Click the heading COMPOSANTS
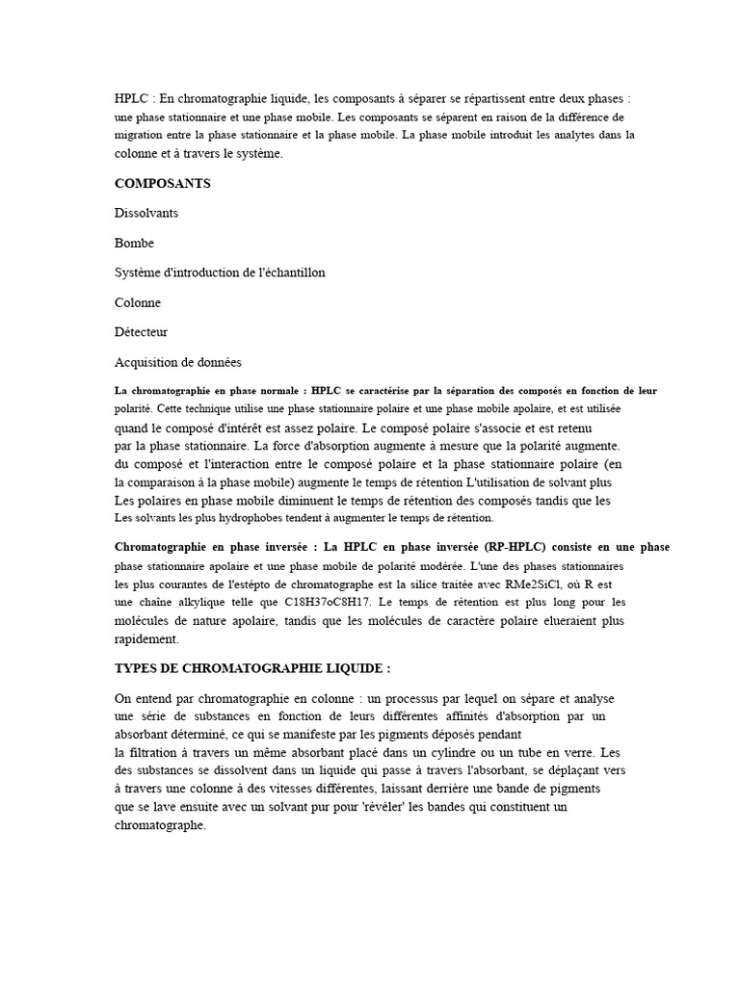point(163,183)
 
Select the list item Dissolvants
point(146,213)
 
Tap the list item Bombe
point(134,243)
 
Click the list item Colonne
point(138,301)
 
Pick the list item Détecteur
point(141,331)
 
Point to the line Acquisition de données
point(178,361)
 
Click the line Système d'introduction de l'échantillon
point(220,272)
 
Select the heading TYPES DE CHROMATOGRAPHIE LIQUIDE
point(252,668)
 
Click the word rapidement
point(146,638)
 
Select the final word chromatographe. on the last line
point(161,825)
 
